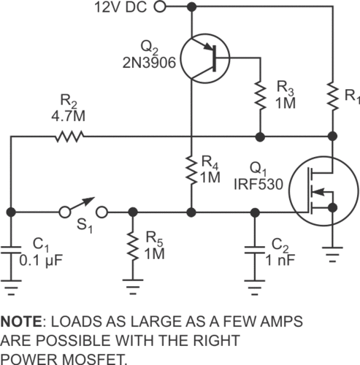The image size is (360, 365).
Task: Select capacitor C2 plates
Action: coord(254,249)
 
